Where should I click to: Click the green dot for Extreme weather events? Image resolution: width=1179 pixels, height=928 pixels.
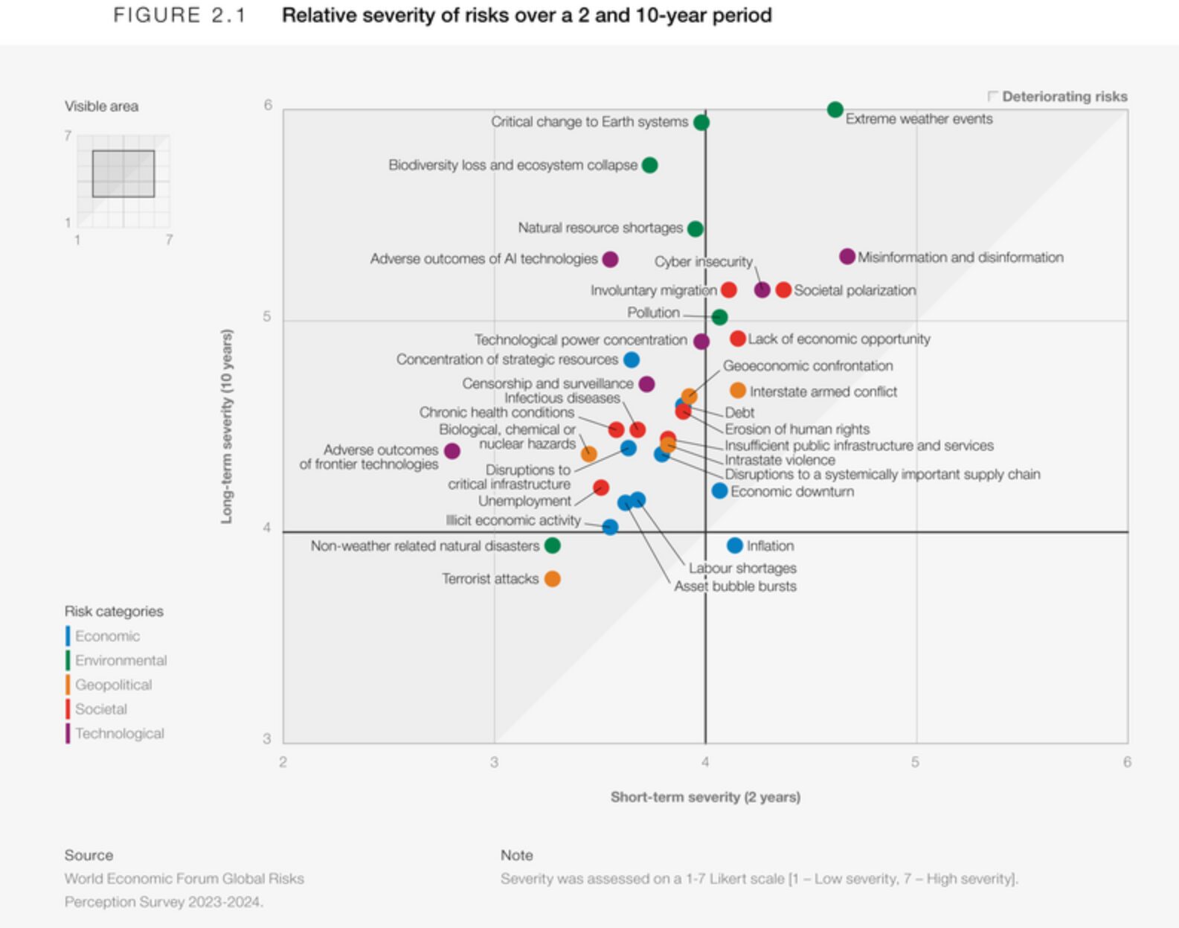coord(835,110)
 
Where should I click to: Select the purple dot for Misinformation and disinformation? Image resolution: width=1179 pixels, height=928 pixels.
coord(846,257)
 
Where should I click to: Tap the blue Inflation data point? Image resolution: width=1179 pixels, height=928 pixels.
coord(735,545)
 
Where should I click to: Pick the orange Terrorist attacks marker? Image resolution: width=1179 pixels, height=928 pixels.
coord(552,579)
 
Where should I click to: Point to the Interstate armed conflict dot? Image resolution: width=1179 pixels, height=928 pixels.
coord(737,391)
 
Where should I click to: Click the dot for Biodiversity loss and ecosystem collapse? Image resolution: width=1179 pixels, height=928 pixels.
coord(649,165)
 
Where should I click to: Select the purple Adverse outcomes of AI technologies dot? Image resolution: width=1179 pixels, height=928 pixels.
coord(610,260)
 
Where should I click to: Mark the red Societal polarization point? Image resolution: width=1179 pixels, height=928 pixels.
coord(783,290)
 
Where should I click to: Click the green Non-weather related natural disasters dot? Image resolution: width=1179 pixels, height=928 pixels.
coord(552,545)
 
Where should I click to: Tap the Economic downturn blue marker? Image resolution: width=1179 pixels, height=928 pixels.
coord(719,491)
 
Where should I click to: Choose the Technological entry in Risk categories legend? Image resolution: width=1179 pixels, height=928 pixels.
coord(119,734)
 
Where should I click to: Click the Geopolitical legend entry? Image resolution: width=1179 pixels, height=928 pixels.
coord(113,685)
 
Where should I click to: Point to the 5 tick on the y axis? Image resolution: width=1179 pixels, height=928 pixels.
coord(267,317)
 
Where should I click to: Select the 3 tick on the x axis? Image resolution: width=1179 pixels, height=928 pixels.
coord(494,762)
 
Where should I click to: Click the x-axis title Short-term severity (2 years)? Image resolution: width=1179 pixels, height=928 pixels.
coord(705,797)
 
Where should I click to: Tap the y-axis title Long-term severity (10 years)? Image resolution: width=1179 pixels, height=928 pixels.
coord(227,426)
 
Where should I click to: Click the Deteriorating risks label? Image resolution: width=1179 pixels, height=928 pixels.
coord(1064,97)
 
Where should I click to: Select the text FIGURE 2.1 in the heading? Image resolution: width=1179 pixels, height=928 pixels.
coord(179,16)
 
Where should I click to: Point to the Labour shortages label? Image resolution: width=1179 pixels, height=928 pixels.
coord(742,569)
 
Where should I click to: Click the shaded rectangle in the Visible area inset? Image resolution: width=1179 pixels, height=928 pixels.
coord(123,174)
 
